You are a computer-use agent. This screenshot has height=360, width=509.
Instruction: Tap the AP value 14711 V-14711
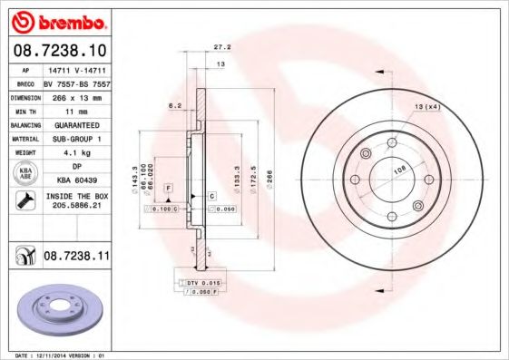pos(75,69)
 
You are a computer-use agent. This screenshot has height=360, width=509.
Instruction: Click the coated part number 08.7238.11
pos(76,258)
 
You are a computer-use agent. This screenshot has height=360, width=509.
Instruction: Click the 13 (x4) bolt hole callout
pos(426,109)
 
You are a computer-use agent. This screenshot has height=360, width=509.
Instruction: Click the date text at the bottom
pos(56,355)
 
